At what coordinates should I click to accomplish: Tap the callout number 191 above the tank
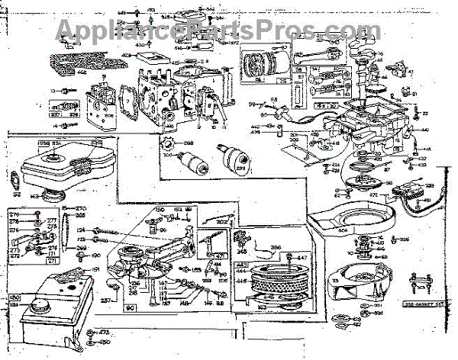(96, 268)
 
